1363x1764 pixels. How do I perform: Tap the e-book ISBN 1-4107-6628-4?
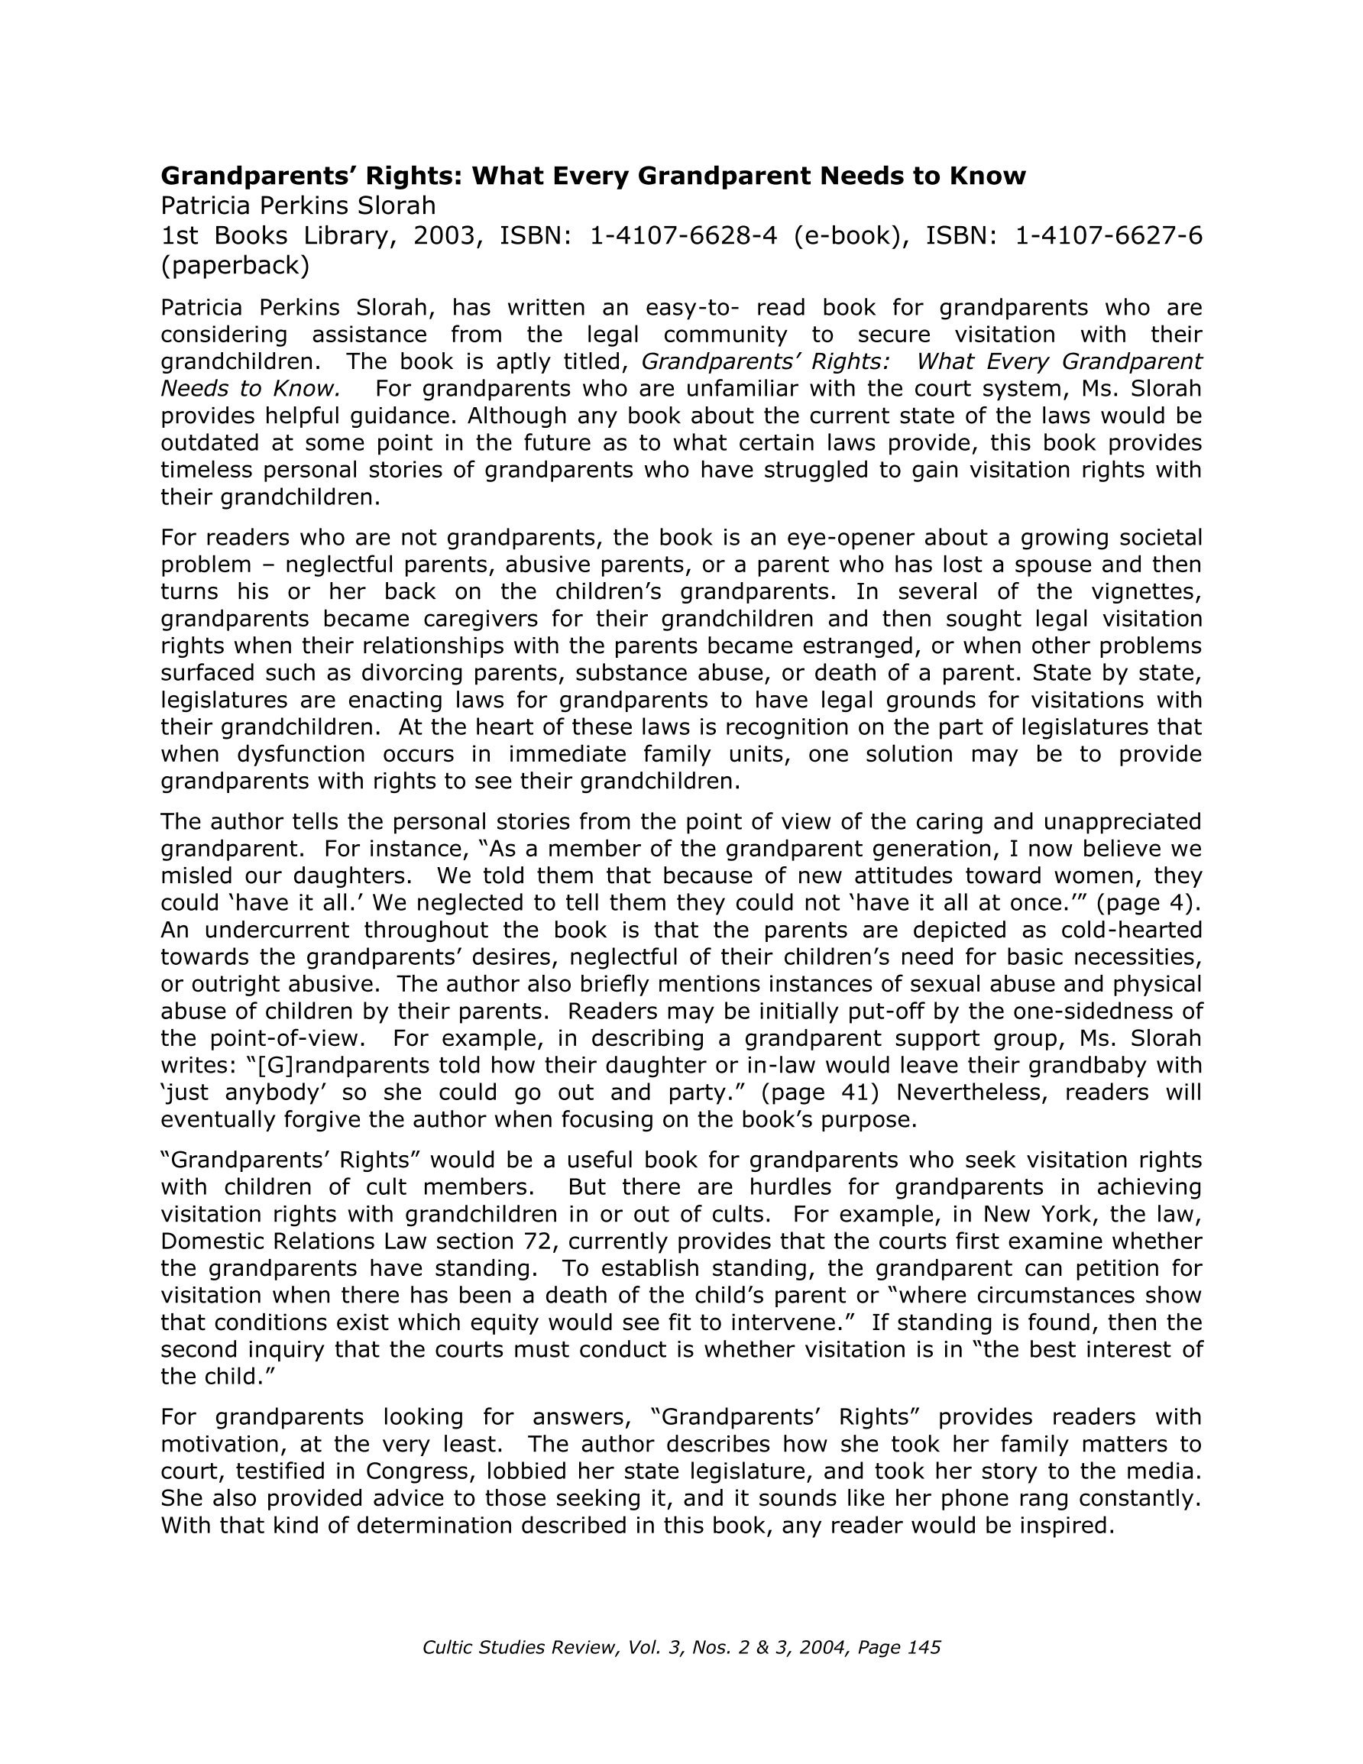click(684, 236)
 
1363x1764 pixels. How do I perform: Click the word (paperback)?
click(235, 265)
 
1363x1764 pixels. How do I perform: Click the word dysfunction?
click(300, 753)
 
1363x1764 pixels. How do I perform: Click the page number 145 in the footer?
click(924, 1648)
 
